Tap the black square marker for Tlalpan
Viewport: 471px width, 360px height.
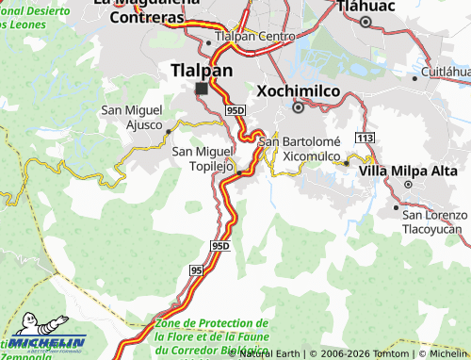click(201, 89)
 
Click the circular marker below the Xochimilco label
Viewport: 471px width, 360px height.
click(298, 107)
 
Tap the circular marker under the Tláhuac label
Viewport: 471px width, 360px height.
click(365, 20)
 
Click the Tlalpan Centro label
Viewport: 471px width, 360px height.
click(255, 36)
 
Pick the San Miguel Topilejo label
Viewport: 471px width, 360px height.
click(202, 158)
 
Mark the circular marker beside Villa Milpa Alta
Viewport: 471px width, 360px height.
click(346, 163)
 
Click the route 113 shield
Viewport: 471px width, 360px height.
click(365, 139)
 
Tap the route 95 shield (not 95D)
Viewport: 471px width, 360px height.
click(196, 270)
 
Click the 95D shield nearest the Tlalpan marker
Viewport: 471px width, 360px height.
click(235, 110)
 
